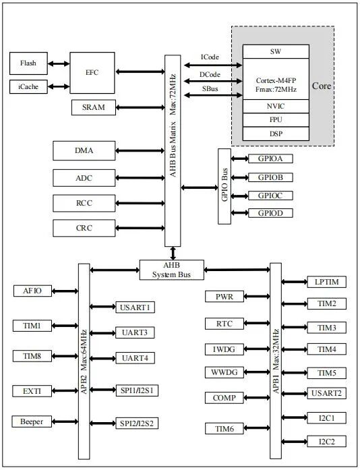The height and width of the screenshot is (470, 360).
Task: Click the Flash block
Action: click(x=28, y=63)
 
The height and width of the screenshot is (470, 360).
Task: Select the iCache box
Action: click(x=28, y=86)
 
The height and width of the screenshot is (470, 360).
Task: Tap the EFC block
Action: click(x=92, y=72)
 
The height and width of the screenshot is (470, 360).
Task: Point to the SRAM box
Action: click(x=94, y=107)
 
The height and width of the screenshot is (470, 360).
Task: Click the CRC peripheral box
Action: click(x=84, y=228)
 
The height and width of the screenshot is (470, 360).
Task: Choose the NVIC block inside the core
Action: click(x=275, y=106)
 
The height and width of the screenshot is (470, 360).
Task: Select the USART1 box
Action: click(x=136, y=307)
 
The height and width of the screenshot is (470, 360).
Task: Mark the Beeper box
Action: click(x=32, y=421)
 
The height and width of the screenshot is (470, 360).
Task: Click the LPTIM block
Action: click(x=327, y=281)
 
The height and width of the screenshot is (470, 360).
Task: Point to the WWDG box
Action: click(x=224, y=372)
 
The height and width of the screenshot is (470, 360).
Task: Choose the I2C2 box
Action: click(x=327, y=442)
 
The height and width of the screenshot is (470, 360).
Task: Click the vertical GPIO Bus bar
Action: click(x=224, y=186)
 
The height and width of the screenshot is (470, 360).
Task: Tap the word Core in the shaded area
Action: click(x=322, y=86)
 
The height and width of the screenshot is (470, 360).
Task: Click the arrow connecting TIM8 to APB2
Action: click(x=65, y=356)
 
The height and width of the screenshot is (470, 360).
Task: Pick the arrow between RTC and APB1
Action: click(x=257, y=324)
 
